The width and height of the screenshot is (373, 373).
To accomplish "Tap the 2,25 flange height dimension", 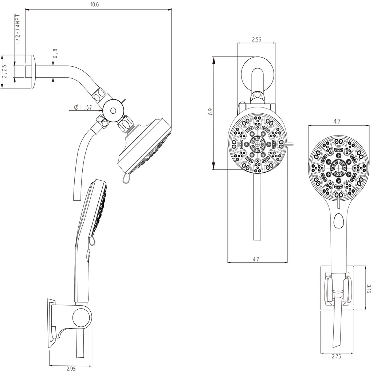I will coord(5,71).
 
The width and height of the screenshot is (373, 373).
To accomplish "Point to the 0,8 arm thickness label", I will coord(55,54).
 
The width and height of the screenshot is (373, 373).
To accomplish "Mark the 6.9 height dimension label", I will coord(210,112).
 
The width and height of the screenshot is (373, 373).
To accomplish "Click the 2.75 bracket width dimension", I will coord(336,357).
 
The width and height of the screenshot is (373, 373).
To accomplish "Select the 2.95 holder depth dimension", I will coord(71,369).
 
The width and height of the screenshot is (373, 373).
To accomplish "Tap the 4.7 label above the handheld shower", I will coord(337,121).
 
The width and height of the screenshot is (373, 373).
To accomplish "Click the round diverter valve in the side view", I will coord(113,110).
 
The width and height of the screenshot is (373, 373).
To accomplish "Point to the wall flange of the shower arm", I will coord(33,71).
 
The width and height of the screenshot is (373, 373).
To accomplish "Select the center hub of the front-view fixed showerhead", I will coord(257,145).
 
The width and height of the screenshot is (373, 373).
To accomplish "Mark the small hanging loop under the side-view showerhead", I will coord(125,178).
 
